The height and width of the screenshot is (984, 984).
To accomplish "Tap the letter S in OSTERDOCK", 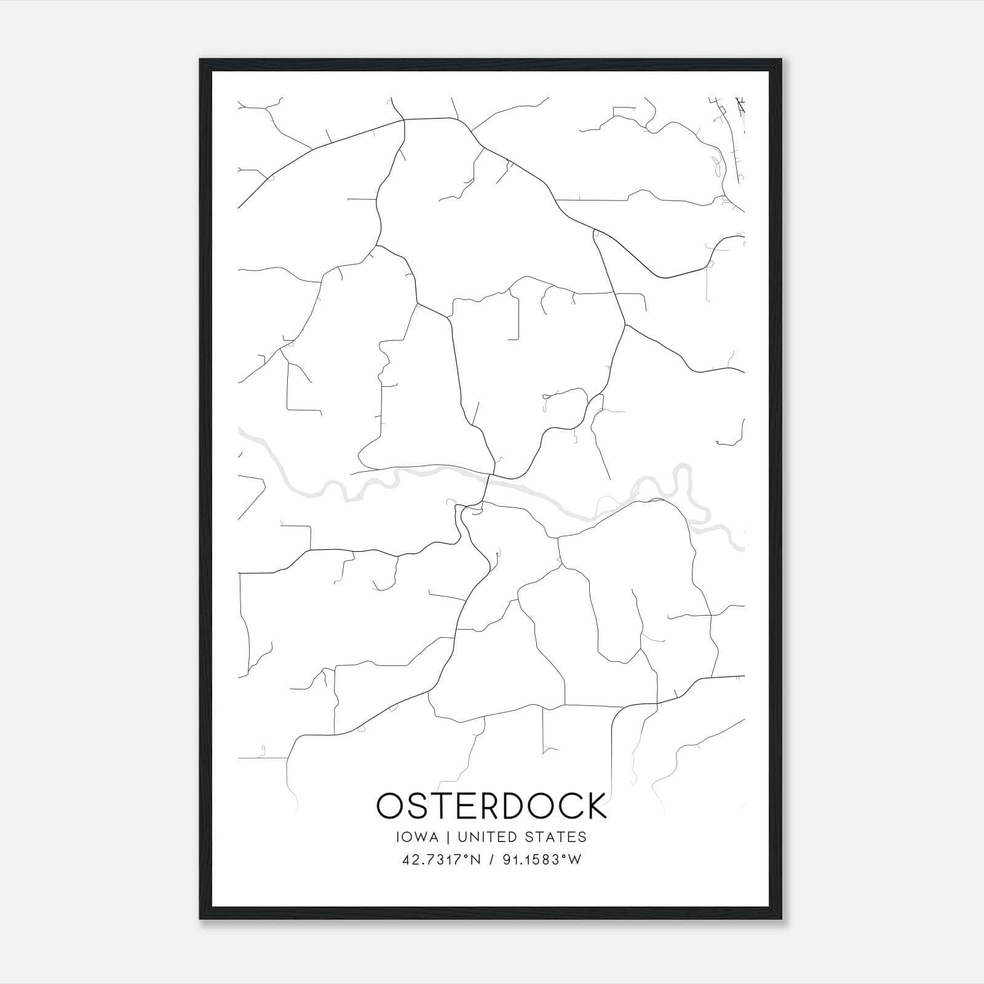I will (418, 806).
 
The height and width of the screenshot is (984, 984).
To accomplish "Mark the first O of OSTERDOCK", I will (391, 806).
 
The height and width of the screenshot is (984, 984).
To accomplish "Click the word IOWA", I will (418, 837).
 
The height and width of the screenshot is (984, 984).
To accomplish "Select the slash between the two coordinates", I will (492, 859).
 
